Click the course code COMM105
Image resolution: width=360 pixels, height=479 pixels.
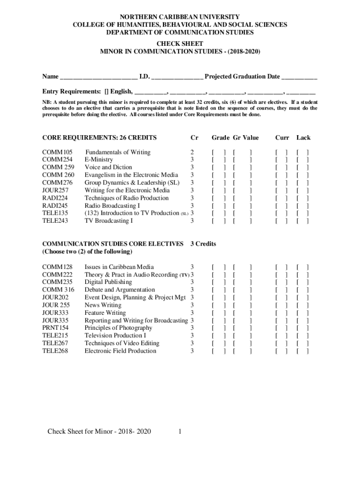pos(58,152)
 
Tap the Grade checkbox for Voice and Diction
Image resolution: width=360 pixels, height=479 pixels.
pos(219,167)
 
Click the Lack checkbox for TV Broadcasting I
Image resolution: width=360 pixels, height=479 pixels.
pos(302,221)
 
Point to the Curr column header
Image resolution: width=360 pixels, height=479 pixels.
pos(282,138)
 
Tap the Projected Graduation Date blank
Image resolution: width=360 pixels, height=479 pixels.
pos(299,77)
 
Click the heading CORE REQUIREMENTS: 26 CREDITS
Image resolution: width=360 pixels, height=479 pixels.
pos(99,138)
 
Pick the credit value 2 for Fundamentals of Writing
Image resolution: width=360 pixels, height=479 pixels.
pos(192,152)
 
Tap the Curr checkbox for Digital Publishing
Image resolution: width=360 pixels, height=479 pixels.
pos(282,282)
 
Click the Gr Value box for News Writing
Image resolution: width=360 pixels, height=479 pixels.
pos(242,305)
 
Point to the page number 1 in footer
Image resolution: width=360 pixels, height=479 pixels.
pos(180,431)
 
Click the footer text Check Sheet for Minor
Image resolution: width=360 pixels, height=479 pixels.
pos(99,431)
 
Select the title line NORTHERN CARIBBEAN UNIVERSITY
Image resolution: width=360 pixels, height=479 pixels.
pos(180,17)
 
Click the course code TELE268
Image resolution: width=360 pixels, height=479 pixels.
pos(55,351)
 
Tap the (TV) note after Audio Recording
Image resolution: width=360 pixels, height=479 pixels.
pos(185,275)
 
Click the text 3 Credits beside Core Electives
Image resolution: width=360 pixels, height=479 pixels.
pos(203,244)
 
